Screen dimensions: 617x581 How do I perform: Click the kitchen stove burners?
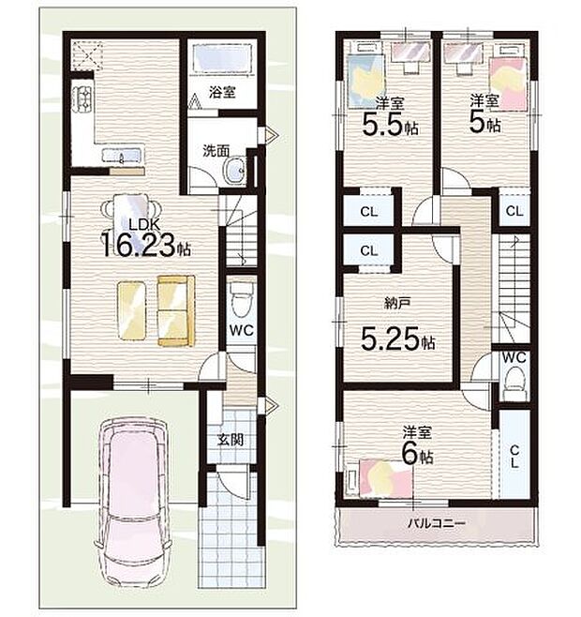click(82, 98)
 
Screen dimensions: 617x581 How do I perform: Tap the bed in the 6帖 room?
click(384, 479)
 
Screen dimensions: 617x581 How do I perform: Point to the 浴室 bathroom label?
click(220, 94)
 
